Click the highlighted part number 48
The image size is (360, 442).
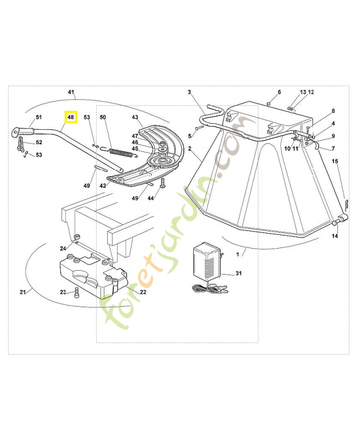click(x=70, y=118)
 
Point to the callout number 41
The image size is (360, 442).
click(x=71, y=91)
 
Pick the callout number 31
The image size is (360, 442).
click(x=239, y=273)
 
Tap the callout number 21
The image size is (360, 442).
click(x=23, y=292)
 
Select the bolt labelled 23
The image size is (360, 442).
click(x=77, y=291)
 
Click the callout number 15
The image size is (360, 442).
click(x=335, y=161)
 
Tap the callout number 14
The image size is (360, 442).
click(x=335, y=236)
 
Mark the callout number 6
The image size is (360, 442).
click(x=279, y=92)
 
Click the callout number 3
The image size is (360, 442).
click(x=189, y=92)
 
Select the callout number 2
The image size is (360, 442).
click(x=189, y=149)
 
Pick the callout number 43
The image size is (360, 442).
click(x=135, y=117)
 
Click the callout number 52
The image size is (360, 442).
click(x=39, y=143)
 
